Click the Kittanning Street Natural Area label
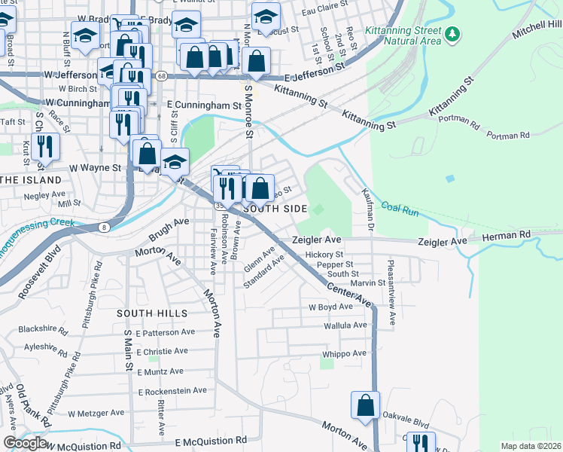pyautogui.click(x=403, y=35)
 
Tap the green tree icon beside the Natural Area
pyautogui.click(x=452, y=33)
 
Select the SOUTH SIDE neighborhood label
pyautogui.click(x=275, y=208)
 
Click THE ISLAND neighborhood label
pyautogui.click(x=31, y=180)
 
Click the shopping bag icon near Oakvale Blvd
pyautogui.click(x=365, y=405)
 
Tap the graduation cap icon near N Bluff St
pyautogui.click(x=85, y=35)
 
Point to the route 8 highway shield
pyautogui.click(x=103, y=227)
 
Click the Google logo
pyautogui.click(x=25, y=443)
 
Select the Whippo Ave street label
pyautogui.click(x=344, y=353)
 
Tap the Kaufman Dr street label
pyautogui.click(x=368, y=209)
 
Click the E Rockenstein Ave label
pyautogui.click(x=172, y=391)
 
